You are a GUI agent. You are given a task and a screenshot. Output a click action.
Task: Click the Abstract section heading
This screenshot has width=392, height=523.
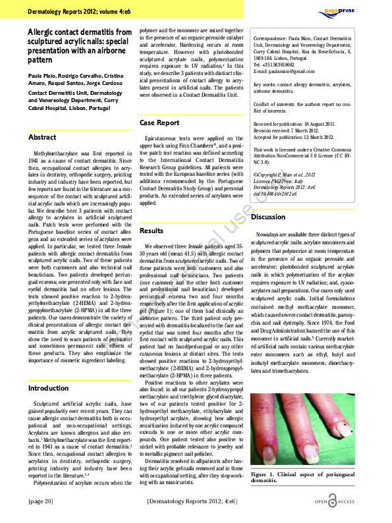(42, 137)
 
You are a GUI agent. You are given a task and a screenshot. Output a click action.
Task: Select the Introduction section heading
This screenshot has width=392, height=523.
(48, 389)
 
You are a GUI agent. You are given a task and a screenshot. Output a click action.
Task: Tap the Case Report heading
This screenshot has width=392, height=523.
(159, 123)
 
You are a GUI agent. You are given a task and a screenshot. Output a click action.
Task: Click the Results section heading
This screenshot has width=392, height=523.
(152, 231)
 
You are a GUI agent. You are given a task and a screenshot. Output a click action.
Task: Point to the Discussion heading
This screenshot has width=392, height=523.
(268, 217)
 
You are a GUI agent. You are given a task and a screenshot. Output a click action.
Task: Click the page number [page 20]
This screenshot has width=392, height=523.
(41, 501)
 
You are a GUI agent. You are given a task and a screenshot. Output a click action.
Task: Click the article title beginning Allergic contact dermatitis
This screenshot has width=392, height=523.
(80, 45)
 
